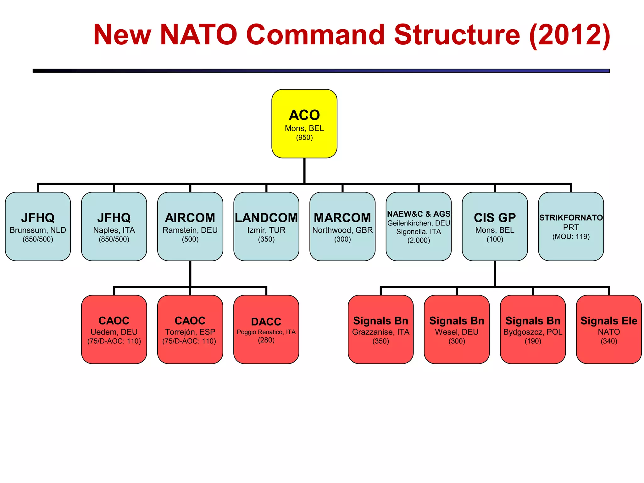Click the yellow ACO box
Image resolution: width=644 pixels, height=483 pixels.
[x=304, y=123]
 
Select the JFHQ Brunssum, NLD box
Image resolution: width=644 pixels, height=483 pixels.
[x=38, y=226]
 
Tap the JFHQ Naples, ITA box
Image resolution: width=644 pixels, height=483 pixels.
[x=114, y=226]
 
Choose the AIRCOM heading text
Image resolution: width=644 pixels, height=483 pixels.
[x=190, y=218]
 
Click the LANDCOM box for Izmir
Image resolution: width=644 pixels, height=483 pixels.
[x=266, y=226]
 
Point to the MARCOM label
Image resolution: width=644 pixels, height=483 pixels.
[x=342, y=218]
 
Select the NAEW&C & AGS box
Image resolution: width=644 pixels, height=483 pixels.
[x=419, y=226]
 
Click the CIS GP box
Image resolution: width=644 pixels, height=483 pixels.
[x=495, y=226]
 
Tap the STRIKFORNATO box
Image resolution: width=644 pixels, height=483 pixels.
[x=571, y=226]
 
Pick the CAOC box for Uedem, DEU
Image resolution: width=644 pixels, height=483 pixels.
[x=114, y=329]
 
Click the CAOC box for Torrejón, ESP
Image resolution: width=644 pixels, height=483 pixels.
[x=190, y=329]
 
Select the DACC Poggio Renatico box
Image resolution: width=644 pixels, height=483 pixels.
[x=266, y=329]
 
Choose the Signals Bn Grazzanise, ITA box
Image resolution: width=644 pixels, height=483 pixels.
[x=380, y=329]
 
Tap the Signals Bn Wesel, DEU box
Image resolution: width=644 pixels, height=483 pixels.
[x=457, y=329]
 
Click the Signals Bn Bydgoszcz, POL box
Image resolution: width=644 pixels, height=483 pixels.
[x=533, y=329]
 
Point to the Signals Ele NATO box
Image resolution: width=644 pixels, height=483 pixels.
[x=609, y=329]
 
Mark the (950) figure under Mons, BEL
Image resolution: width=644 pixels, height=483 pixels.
[x=304, y=137]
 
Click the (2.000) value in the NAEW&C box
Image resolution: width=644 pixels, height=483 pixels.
[x=419, y=240]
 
